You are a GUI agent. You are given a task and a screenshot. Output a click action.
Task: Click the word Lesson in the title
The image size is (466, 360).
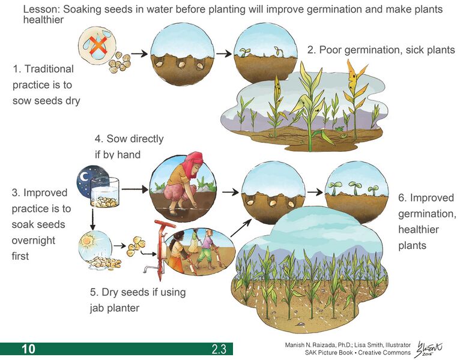tap(41, 9)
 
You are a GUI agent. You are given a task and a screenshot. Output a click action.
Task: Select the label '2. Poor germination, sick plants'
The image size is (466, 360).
tap(381, 50)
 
